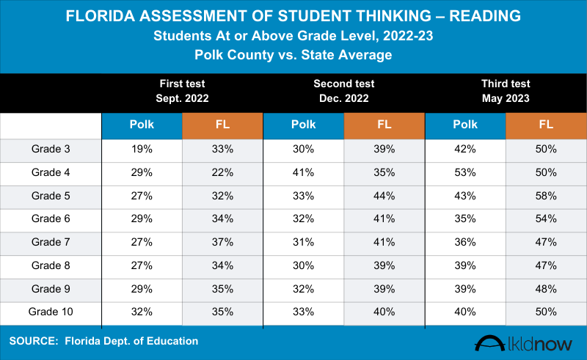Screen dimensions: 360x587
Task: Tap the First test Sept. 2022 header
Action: point(182,91)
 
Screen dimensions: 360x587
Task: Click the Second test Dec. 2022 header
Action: point(344,91)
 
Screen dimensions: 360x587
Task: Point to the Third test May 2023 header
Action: point(506,91)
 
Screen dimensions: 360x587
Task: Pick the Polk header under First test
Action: point(142,125)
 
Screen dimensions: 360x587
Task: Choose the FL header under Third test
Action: point(546,125)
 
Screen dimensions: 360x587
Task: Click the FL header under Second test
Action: point(384,125)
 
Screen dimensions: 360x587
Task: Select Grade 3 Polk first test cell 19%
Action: point(142,150)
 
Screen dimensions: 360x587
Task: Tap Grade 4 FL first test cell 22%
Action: point(223,173)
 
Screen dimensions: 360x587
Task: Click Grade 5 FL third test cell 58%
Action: point(546,196)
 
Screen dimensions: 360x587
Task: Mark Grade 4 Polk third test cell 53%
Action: point(465,173)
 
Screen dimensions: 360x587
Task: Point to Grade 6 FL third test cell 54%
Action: point(546,219)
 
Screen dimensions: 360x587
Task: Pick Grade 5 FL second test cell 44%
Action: point(384,196)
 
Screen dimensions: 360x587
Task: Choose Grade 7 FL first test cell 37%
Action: point(223,242)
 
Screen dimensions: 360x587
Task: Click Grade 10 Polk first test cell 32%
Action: point(142,311)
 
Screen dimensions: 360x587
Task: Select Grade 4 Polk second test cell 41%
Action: point(303,173)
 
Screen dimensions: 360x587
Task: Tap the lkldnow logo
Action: point(525,343)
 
